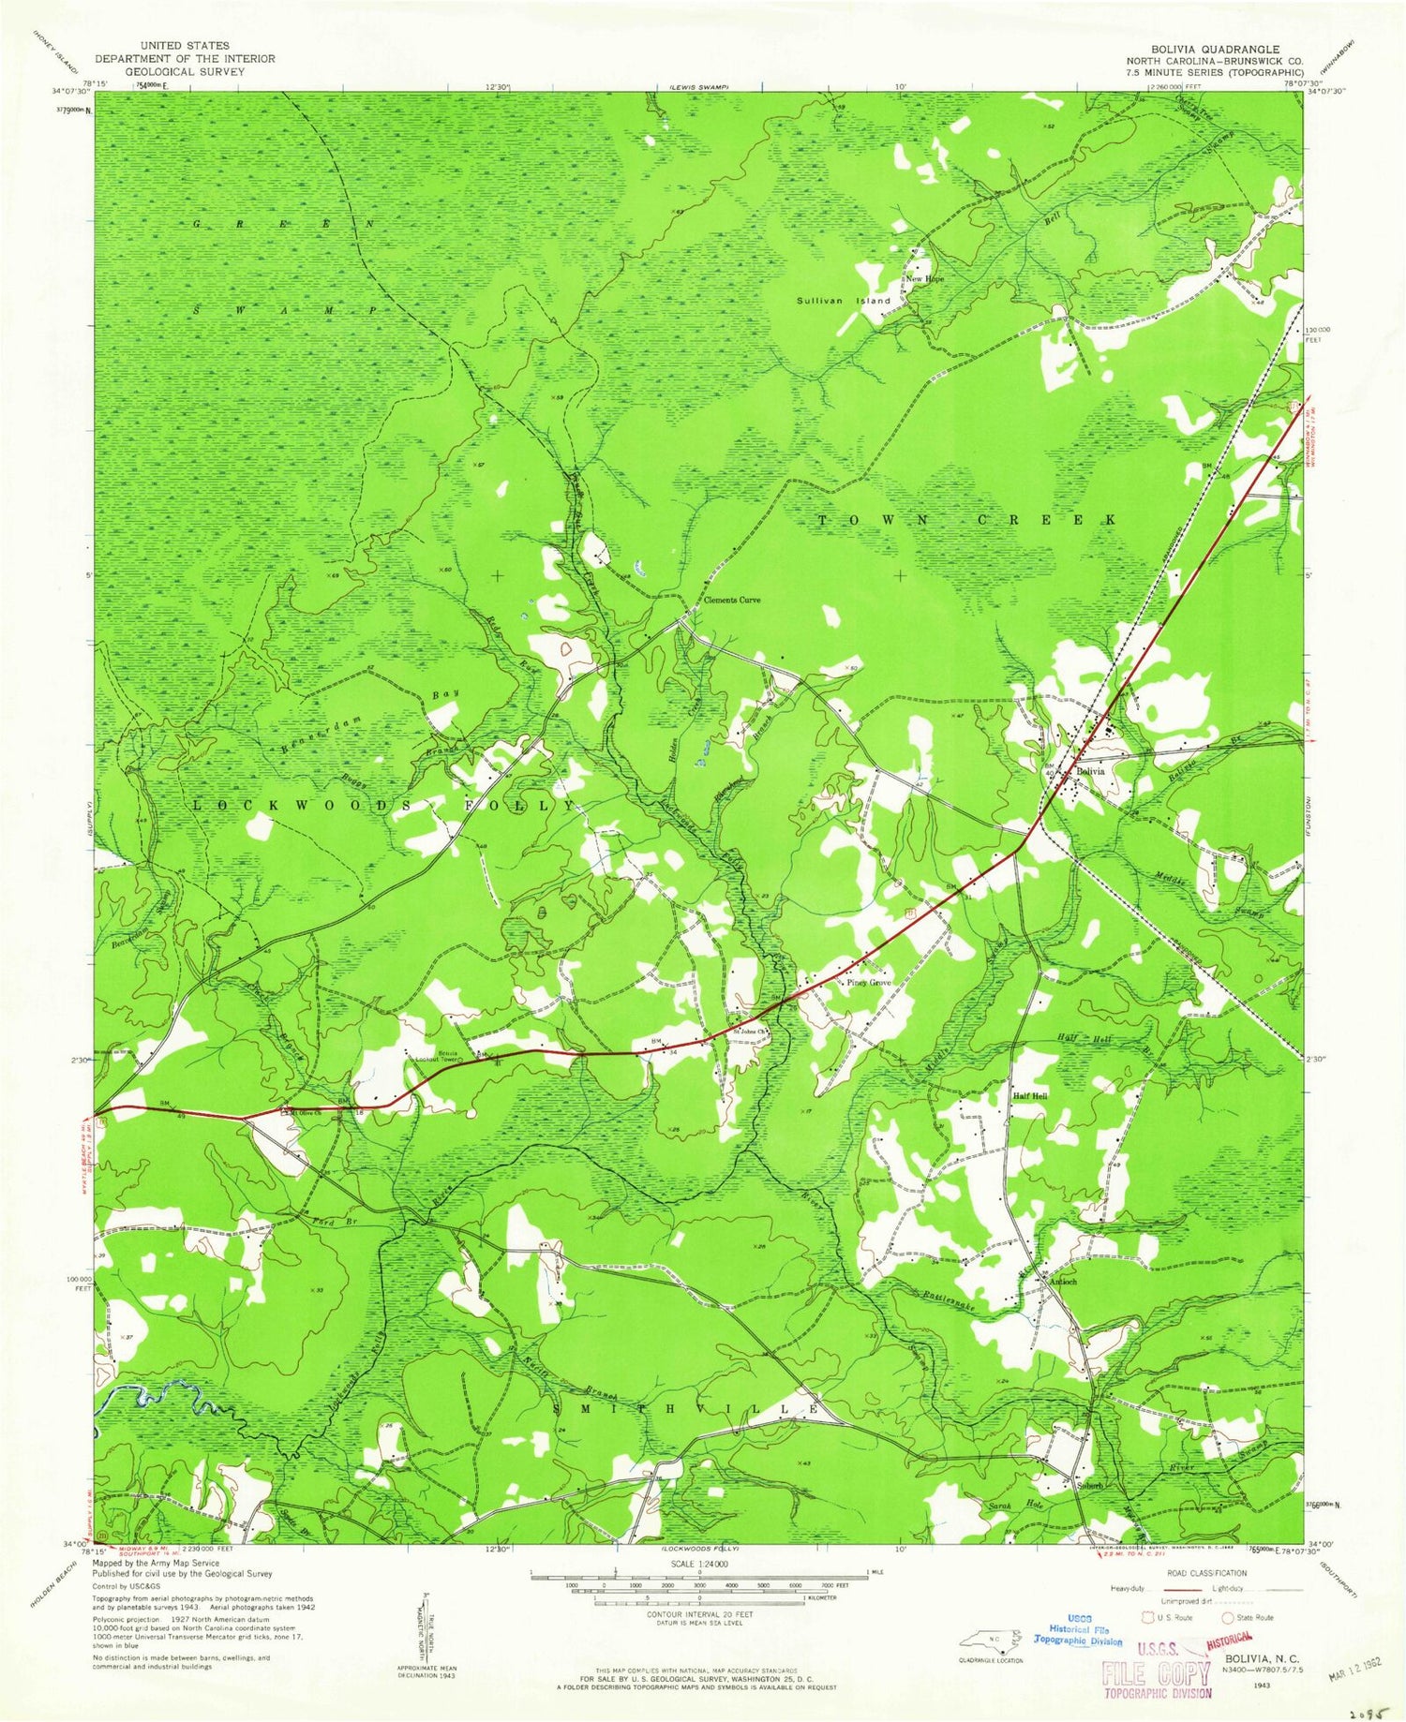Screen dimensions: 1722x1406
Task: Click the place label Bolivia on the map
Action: pyautogui.click(x=1090, y=770)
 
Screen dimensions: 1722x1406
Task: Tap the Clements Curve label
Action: pyautogui.click(x=733, y=600)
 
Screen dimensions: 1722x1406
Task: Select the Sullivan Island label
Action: pyautogui.click(x=843, y=301)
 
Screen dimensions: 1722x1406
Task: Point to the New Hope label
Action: pyautogui.click(x=924, y=279)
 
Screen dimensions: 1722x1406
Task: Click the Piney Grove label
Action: pyautogui.click(x=869, y=983)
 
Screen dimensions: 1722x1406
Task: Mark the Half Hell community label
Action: pyautogui.click(x=1029, y=1095)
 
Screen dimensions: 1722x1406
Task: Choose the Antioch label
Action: pyautogui.click(x=1063, y=1281)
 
